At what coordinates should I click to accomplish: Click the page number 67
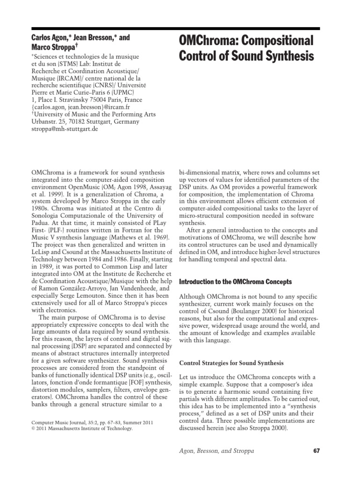(316, 451)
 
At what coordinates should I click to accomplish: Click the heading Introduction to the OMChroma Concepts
(236, 282)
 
